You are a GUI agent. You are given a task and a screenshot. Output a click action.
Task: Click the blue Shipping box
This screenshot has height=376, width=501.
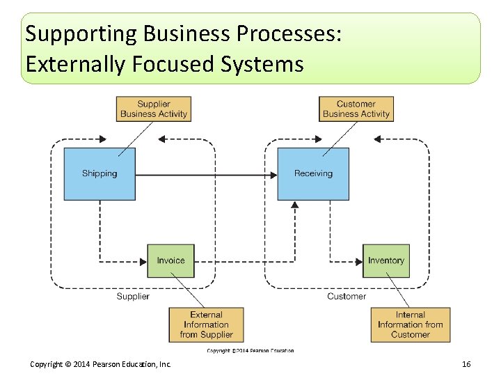pyautogui.click(x=100, y=173)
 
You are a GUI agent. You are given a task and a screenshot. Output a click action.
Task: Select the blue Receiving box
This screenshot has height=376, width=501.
pyautogui.click(x=313, y=173)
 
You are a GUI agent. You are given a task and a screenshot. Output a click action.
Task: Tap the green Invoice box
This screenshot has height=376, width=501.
pyautogui.click(x=170, y=260)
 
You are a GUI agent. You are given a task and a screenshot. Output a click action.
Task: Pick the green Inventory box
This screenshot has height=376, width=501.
pyautogui.click(x=385, y=260)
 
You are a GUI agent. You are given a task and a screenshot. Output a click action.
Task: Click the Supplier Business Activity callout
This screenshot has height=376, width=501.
pyautogui.click(x=153, y=109)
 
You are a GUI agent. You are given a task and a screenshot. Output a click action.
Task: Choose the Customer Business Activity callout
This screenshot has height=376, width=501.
pyautogui.click(x=356, y=109)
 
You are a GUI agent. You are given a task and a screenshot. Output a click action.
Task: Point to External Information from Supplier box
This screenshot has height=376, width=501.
pyautogui.click(x=206, y=324)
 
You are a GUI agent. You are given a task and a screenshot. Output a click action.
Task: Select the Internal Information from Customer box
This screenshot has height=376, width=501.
pyautogui.click(x=410, y=324)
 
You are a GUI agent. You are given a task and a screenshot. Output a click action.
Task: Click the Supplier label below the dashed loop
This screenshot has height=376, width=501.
pyautogui.click(x=132, y=297)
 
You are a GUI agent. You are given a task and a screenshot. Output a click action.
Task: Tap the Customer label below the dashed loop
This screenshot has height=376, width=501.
pyautogui.click(x=346, y=297)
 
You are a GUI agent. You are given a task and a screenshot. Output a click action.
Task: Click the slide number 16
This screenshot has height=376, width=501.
pyautogui.click(x=466, y=365)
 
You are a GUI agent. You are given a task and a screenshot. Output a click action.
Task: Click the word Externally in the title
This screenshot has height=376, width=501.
pyautogui.click(x=74, y=65)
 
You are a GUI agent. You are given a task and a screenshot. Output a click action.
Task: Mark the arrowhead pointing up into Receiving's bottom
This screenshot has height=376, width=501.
pyautogui.click(x=295, y=205)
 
